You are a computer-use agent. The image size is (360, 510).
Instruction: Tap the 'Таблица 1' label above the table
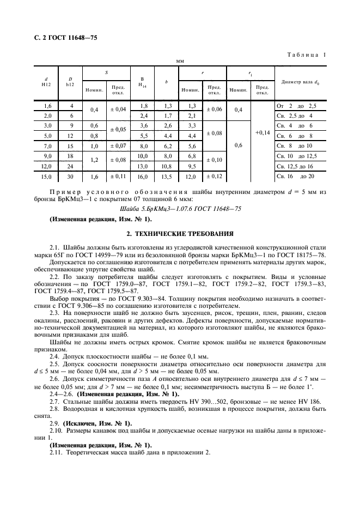tap(307, 54)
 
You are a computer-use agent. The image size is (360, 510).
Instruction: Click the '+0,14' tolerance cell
tap(262, 131)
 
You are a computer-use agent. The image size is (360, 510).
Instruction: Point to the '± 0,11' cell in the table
tap(118, 176)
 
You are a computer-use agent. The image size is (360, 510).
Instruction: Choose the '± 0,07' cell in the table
tap(118, 146)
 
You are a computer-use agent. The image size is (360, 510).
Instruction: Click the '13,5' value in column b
tap(167, 176)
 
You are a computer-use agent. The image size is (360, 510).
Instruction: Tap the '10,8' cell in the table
tap(167, 166)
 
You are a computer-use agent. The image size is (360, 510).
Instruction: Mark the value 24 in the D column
tap(70, 166)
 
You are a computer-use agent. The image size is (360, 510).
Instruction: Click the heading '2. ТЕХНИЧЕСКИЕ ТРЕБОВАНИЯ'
tap(180, 234)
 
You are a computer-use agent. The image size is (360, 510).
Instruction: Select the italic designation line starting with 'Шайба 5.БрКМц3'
tap(180, 209)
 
